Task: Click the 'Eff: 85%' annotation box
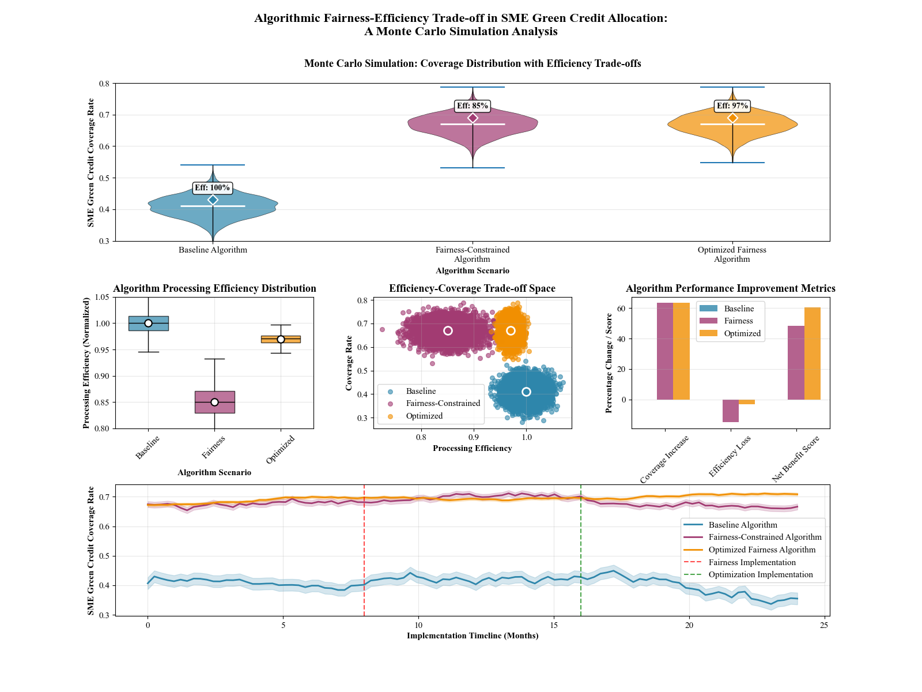coord(472,106)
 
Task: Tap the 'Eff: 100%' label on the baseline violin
coord(212,187)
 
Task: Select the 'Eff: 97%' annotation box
coord(732,106)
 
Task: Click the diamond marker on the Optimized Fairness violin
coord(732,118)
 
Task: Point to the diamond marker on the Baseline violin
coord(213,200)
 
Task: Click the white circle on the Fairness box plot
coord(214,402)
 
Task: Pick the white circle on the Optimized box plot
coord(281,339)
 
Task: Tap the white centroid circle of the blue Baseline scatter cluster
coord(526,392)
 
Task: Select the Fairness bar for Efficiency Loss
coord(731,411)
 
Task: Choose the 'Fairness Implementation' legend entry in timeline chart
coord(752,562)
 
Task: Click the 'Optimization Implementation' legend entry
coord(761,574)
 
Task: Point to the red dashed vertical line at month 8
coord(364,548)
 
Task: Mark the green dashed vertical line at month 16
coord(581,548)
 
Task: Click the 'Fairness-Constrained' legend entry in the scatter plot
coord(443,403)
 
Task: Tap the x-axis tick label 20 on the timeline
coord(689,625)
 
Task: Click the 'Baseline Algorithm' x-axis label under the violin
coord(213,250)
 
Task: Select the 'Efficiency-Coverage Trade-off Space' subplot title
coord(472,288)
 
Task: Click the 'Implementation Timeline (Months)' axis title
coord(473,635)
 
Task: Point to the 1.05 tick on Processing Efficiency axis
coord(101,297)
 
